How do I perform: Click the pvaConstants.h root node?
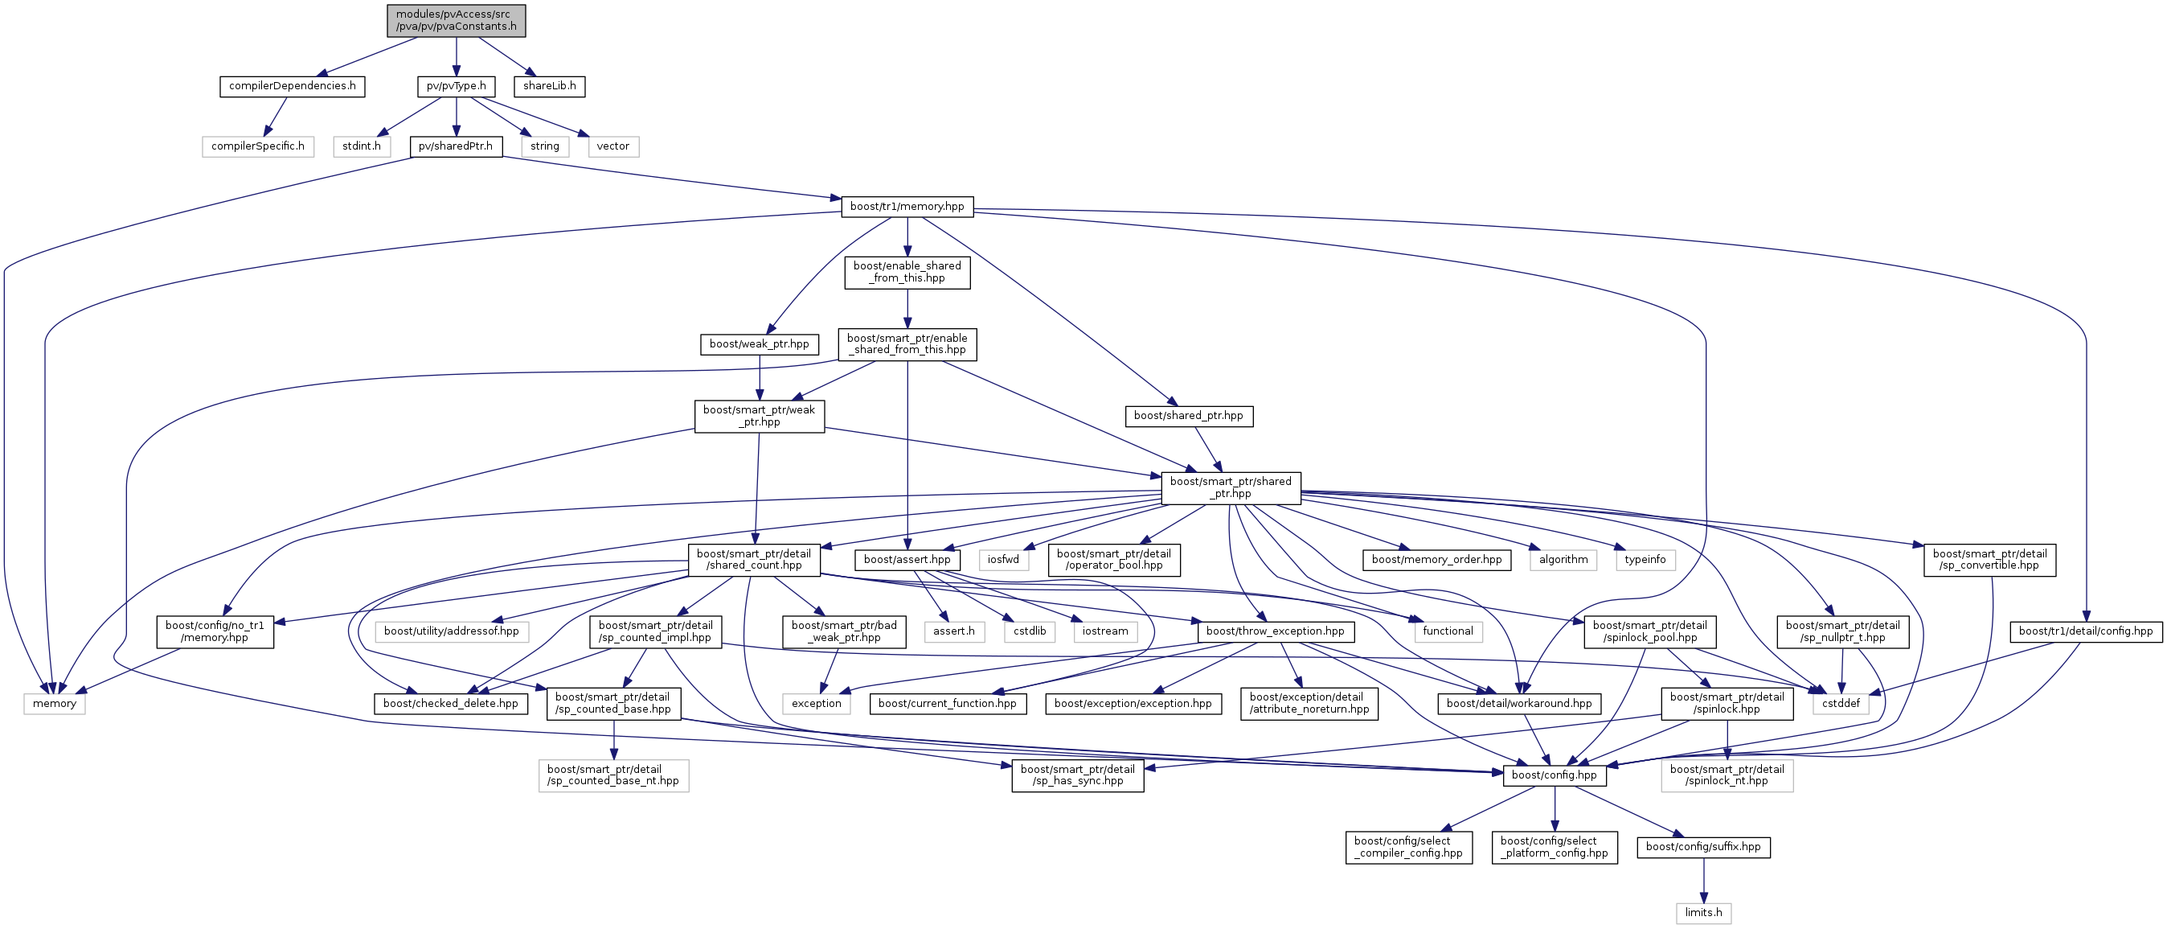coord(456,20)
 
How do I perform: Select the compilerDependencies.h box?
coord(292,86)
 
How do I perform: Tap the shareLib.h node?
coord(549,86)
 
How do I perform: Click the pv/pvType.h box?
coord(456,86)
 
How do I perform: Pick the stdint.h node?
coord(362,146)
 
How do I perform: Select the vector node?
coord(612,146)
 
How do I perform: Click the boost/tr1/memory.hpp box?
coord(907,206)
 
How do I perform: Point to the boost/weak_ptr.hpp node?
coord(759,344)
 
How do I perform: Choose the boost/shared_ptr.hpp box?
coord(1188,416)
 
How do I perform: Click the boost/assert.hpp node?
coord(907,560)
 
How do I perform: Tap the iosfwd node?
coord(1003,560)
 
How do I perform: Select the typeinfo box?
coord(1645,560)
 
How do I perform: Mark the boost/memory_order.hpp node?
coord(1436,560)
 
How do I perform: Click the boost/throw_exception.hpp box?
coord(1276,631)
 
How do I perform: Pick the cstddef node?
coord(1841,704)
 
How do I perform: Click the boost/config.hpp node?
coord(1554,775)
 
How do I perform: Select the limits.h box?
coord(1703,913)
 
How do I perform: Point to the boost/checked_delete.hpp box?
coord(451,704)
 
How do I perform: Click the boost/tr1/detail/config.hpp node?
coord(2085,631)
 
